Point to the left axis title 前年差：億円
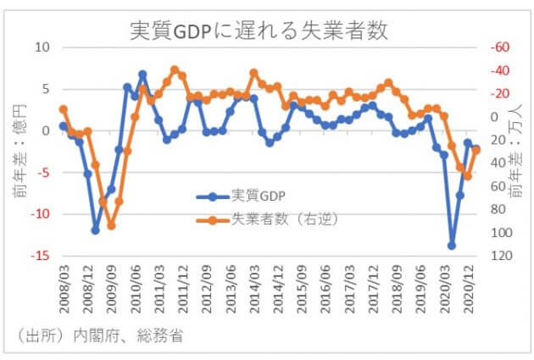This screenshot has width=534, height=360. click(x=20, y=152)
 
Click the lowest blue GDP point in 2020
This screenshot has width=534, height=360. click(x=452, y=246)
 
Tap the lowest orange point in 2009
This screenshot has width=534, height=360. click(x=111, y=225)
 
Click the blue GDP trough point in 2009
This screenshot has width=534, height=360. click(x=96, y=230)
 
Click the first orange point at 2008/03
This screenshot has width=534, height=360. click(x=64, y=109)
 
